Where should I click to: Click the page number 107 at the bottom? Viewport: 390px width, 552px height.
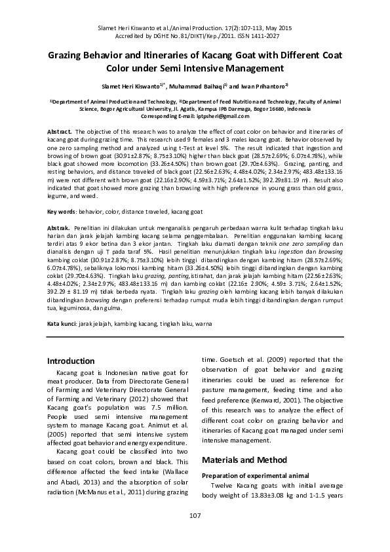coord(195,516)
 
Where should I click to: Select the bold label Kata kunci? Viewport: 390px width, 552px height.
coord(62,325)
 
